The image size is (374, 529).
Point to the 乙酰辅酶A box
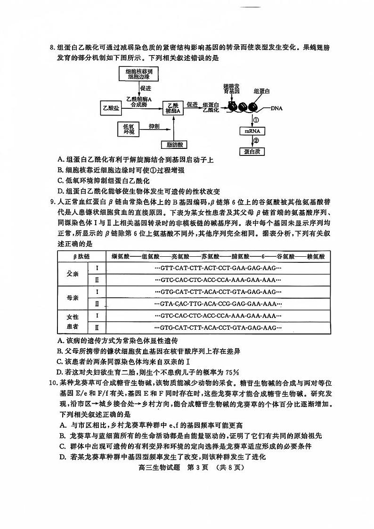[172, 108]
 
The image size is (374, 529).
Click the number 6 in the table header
[264, 256]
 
